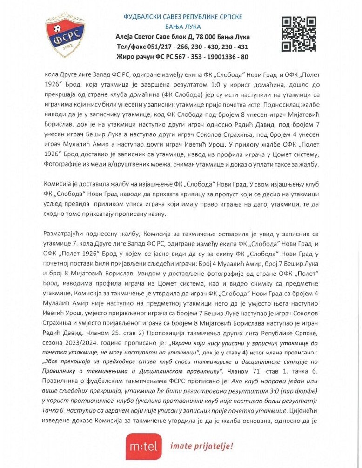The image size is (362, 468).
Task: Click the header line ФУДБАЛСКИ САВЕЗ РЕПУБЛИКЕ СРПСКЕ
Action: (183, 17)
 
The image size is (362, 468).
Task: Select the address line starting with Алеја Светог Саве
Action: (183, 37)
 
